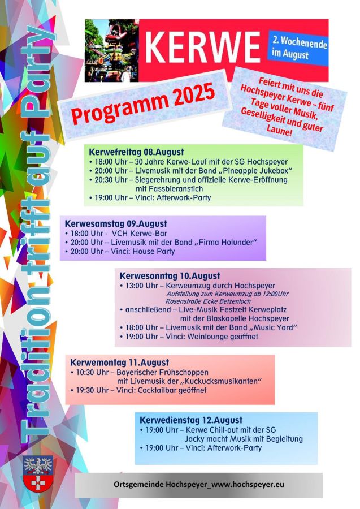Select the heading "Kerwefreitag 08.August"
click(136, 152)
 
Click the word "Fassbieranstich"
click(169, 188)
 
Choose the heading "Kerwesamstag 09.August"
click(116, 224)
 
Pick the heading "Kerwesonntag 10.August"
click(170, 276)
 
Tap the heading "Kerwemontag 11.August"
click(119, 363)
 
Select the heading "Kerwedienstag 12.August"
click(191, 420)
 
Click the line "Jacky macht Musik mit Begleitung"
click(243, 439)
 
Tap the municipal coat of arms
click(38, 473)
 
